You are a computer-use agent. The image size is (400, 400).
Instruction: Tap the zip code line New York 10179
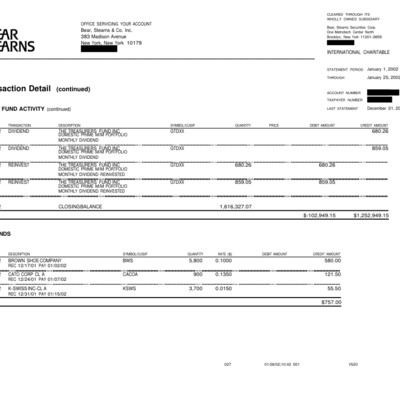(x=111, y=43)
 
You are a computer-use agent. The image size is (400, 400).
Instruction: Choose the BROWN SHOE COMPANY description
(x=40, y=259)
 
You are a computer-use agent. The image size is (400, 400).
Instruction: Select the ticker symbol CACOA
(x=131, y=273)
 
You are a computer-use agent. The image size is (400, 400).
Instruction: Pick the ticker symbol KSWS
(x=129, y=287)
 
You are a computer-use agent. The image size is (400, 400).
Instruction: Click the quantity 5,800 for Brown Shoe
(x=195, y=259)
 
